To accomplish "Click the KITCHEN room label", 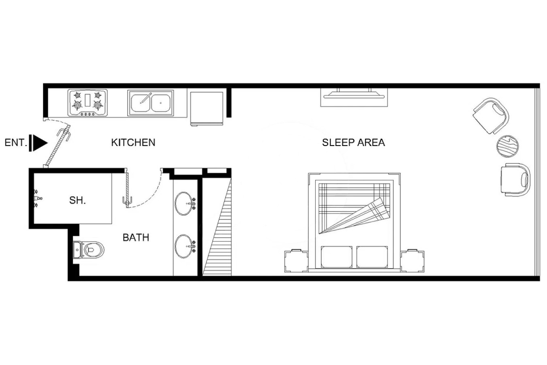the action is pos(133,142).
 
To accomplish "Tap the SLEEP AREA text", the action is pos(353,142).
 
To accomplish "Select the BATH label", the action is pos(136,237).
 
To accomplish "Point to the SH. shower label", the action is pos(77,200).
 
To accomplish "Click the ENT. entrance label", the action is pos(16,142).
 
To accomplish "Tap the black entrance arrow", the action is pos(38,143).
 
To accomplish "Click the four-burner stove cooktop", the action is pos(88,103).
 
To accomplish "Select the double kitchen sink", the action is pos(150,103).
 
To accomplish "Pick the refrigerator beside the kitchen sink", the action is pos(207,109).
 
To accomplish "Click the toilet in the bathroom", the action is pos(88,249).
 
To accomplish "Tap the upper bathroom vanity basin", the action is pos(185,204).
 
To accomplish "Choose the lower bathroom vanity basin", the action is pos(185,246).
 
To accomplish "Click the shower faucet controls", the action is pos(37,198).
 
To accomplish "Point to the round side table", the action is pos(507,146).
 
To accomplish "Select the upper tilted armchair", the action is pos(491,116).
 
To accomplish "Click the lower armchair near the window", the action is pos(515,180).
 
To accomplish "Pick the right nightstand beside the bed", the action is pos(412,261).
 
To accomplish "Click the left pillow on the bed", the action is pos(336,257).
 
